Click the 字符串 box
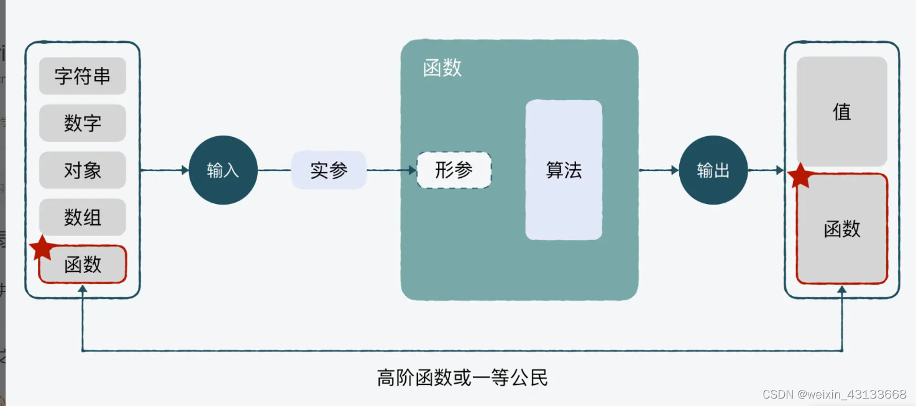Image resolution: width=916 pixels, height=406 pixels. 83,76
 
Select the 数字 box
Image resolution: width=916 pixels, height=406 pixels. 83,123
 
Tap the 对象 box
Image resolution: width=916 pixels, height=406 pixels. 83,170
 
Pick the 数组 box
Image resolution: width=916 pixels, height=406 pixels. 83,218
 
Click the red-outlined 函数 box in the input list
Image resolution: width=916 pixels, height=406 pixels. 83,264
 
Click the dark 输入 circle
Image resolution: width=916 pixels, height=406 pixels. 223,170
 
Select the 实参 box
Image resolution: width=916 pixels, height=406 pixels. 329,170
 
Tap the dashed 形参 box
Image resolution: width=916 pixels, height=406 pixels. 454,170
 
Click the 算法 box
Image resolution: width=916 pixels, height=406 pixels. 564,170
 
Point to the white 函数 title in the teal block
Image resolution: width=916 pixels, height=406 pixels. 442,68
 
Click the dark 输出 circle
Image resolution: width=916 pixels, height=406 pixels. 713,170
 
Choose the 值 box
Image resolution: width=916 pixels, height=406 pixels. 842,111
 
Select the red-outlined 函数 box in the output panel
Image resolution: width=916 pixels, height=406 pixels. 842,228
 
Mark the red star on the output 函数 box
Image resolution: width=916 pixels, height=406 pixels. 800,176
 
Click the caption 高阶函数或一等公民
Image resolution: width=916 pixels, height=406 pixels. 462,377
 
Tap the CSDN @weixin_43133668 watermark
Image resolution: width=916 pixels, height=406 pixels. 834,394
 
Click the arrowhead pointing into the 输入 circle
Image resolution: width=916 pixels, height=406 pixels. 185,170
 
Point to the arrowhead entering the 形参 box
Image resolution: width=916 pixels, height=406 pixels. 413,170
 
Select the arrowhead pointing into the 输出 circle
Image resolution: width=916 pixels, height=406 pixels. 675,170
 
